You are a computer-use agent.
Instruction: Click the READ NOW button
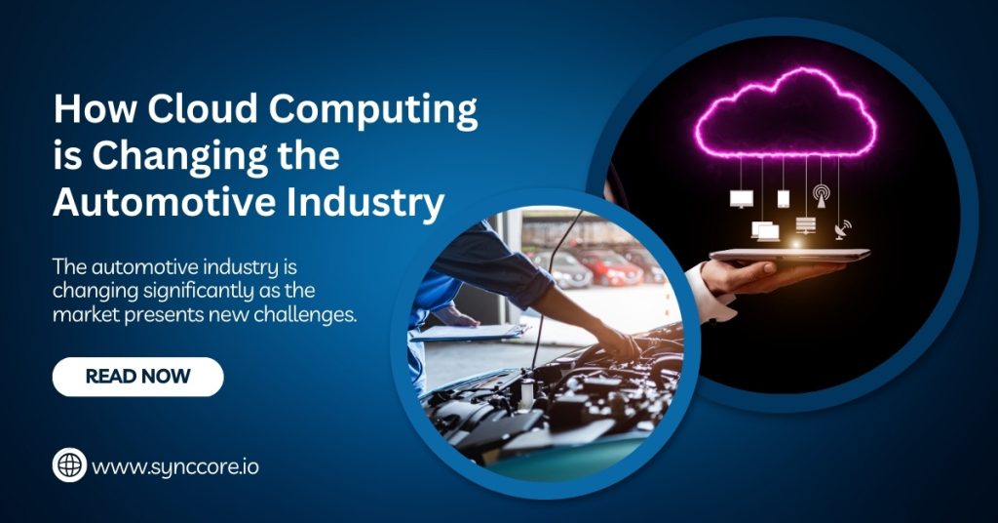coord(138,377)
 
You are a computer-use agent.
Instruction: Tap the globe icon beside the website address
coord(69,465)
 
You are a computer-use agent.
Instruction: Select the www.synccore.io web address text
coord(175,467)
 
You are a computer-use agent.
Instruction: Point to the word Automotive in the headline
coord(164,203)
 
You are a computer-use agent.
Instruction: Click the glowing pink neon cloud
coord(787,115)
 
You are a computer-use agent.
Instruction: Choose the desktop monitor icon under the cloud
coord(742,199)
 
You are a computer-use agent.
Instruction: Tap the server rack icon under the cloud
coord(806,225)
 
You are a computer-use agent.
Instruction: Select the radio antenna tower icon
coord(821,196)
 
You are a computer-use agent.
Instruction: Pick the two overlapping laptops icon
coord(766,230)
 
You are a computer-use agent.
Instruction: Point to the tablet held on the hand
coord(789,255)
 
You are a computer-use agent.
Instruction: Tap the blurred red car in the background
coord(610,267)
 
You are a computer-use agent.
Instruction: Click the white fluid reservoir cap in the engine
coord(527,387)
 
